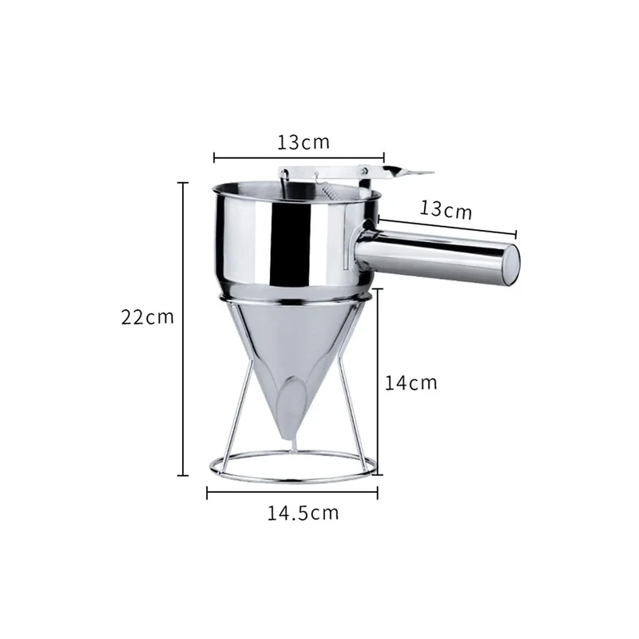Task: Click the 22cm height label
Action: coord(147,317)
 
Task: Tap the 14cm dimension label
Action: coord(411,383)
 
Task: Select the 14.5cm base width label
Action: coord(303,513)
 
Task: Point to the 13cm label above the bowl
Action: coord(304,142)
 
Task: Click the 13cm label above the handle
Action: coord(446,209)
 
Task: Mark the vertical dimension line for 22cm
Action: coord(183,329)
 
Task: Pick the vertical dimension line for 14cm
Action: coord(378,382)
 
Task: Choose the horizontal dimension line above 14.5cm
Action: coord(292,493)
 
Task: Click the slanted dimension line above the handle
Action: coord(447,227)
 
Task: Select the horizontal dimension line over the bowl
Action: coord(299,157)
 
